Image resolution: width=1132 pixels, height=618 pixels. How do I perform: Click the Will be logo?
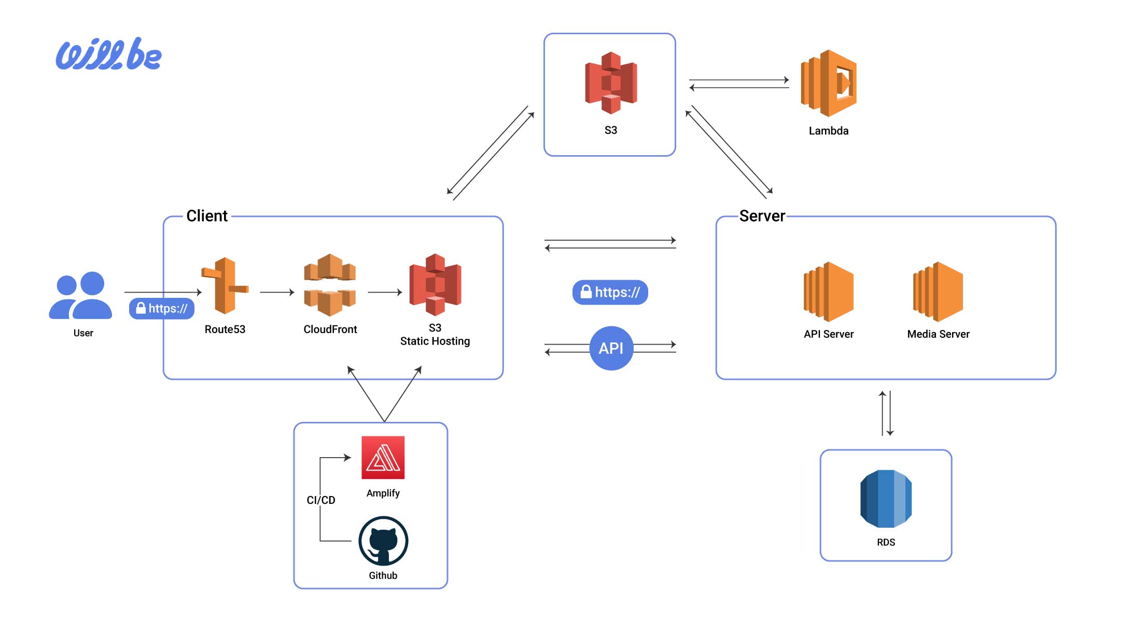(108, 54)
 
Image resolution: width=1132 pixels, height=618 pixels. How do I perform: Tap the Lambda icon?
(828, 83)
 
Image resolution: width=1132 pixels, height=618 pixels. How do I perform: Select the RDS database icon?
(886, 499)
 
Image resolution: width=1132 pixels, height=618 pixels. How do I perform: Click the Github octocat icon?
(383, 541)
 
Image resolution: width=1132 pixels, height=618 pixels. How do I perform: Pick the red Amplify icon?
(383, 458)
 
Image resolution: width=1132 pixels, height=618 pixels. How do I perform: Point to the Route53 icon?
(225, 285)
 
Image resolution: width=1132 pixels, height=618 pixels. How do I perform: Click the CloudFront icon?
(330, 285)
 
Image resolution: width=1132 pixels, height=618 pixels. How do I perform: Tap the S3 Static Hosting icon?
(435, 285)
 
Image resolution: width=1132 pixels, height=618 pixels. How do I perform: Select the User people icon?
(81, 295)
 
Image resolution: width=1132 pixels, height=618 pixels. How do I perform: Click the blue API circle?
(611, 348)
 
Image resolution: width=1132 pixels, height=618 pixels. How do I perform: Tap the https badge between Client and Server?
(610, 292)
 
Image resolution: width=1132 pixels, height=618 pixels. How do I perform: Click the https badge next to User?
(162, 309)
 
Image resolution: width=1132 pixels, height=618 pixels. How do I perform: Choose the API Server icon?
(828, 292)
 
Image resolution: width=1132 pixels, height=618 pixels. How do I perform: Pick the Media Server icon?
(938, 292)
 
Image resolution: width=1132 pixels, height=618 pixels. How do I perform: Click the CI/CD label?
(321, 500)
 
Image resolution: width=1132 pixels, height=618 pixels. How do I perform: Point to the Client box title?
(206, 216)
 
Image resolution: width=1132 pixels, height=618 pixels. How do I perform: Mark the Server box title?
(762, 216)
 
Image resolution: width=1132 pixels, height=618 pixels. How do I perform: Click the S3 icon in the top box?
(610, 83)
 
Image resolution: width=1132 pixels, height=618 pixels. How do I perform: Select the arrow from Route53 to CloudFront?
(277, 292)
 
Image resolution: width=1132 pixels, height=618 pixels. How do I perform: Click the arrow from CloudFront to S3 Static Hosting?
(385, 292)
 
